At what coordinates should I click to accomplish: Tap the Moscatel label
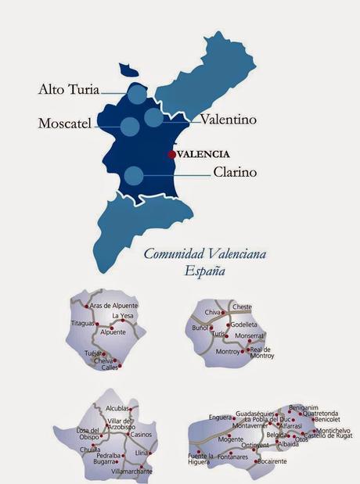65,123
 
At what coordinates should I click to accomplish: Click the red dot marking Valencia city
172,154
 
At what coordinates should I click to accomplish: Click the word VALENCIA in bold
203,154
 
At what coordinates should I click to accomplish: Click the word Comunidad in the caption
173,254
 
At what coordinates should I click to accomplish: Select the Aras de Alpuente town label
113,304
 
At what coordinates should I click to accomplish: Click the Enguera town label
220,417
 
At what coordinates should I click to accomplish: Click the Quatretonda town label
320,413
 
